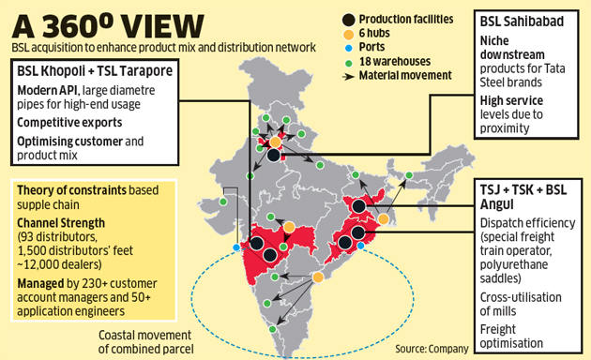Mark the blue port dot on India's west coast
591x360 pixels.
point(235,248)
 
